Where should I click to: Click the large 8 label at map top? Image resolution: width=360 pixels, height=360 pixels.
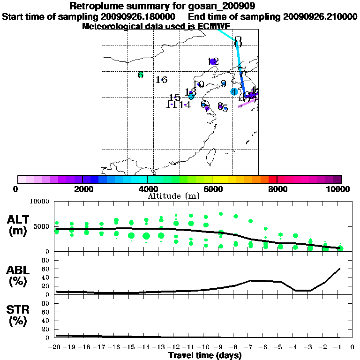(238, 42)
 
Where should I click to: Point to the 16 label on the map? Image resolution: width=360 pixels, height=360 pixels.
(162, 80)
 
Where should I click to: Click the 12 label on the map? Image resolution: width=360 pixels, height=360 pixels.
(213, 61)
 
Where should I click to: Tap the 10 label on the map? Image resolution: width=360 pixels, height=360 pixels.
(199, 85)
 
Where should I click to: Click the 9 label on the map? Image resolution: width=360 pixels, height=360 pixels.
(224, 84)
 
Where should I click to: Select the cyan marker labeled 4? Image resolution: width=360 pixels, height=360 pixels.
(234, 92)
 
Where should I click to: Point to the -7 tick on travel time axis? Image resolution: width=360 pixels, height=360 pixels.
(250, 347)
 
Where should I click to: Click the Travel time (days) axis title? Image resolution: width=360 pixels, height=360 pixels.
(205, 355)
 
